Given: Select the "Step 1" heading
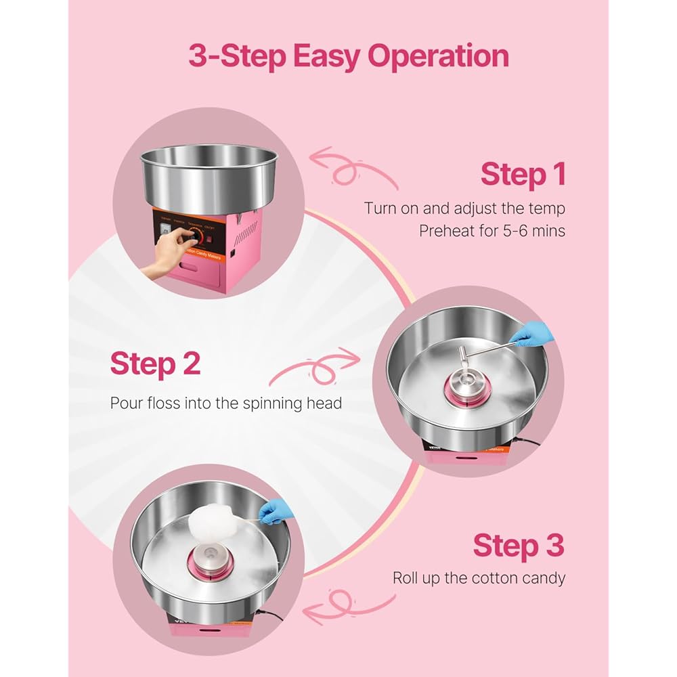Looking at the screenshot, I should pyautogui.click(x=523, y=174).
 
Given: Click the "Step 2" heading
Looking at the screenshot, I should pyautogui.click(x=155, y=363).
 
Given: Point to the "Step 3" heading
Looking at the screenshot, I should pyautogui.click(x=519, y=545).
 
